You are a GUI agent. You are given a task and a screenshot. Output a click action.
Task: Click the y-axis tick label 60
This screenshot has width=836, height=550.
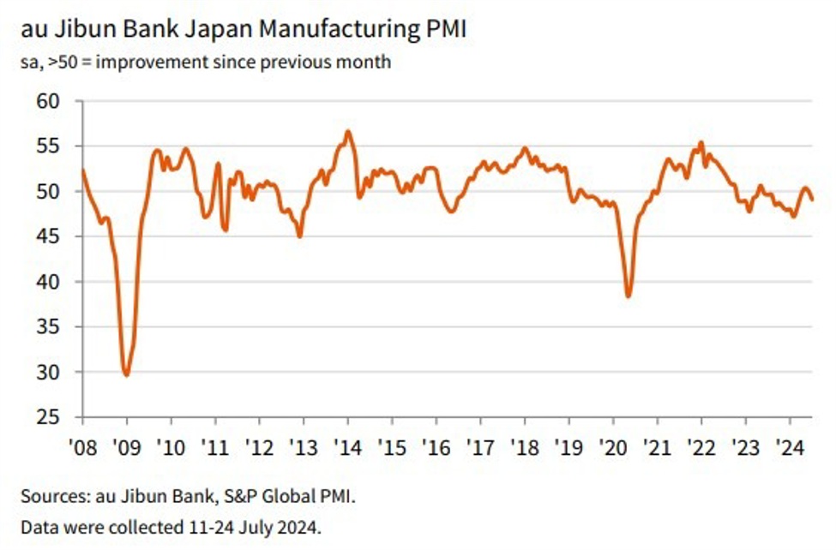point(48,101)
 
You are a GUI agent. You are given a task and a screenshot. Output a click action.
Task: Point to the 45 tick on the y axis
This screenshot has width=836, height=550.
point(48,236)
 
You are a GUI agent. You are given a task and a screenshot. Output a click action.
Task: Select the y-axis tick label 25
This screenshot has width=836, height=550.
point(48,417)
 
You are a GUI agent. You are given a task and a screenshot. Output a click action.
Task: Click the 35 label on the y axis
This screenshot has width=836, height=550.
point(48,327)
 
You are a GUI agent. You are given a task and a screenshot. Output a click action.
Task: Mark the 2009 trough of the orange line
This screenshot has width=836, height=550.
point(127,374)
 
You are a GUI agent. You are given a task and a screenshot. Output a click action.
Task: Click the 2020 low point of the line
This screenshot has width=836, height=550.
point(629,296)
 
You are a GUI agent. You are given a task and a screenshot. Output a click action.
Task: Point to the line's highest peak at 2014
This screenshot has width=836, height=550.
point(347,131)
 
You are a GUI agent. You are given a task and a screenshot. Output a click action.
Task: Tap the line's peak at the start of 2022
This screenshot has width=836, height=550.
point(701,143)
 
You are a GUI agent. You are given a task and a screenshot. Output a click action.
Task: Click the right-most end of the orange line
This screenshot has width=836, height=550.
point(812,200)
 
